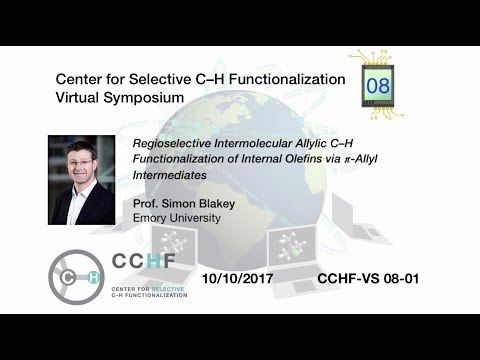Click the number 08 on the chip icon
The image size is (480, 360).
click(x=379, y=86)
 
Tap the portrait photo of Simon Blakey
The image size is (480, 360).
click(x=82, y=180)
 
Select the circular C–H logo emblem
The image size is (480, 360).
click(x=76, y=276)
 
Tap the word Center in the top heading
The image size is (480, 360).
click(x=82, y=79)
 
